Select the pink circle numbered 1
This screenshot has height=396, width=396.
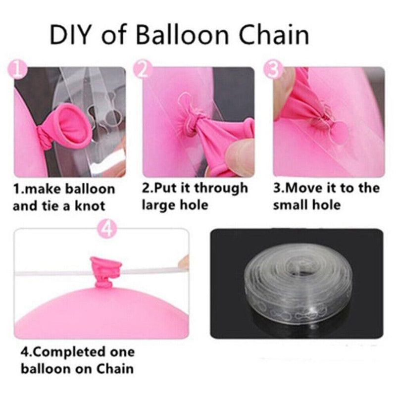(x=17, y=69)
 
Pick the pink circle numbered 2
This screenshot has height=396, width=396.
(x=143, y=69)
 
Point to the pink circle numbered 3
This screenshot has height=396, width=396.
(x=273, y=69)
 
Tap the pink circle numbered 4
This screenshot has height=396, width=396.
(x=107, y=229)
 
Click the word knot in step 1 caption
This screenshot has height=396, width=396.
(x=90, y=206)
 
